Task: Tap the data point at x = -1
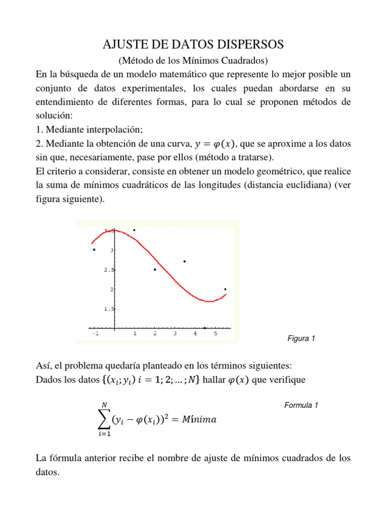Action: click(94, 249)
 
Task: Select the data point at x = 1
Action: click(134, 230)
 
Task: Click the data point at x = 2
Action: click(155, 270)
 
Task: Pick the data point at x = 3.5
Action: click(184, 261)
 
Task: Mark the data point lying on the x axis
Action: click(205, 328)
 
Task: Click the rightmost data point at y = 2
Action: click(225, 289)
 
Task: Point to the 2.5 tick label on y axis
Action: click(108, 270)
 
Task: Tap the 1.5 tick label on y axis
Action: click(108, 308)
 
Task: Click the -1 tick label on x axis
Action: click(94, 334)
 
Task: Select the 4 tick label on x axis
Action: click(195, 334)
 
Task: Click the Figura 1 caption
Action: click(300, 339)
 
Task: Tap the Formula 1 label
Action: click(301, 405)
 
